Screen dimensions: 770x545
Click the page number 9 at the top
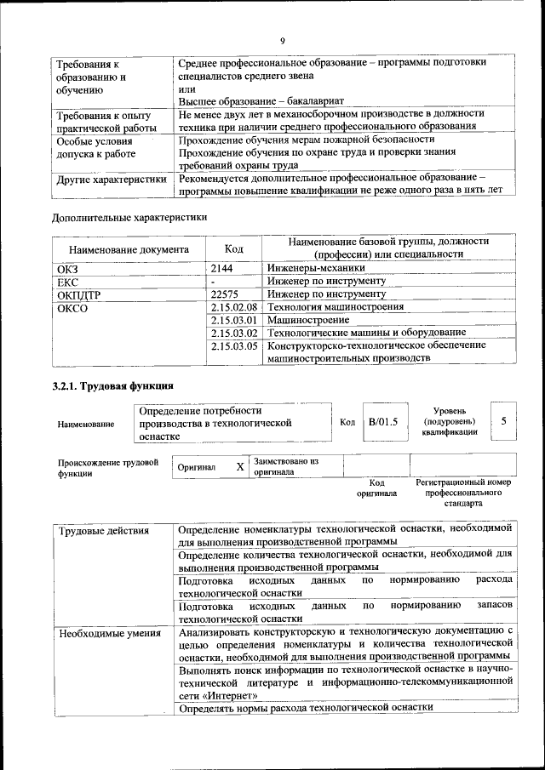(x=282, y=39)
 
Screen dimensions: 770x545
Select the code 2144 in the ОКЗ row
(x=221, y=267)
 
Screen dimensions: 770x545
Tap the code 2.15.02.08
(x=233, y=306)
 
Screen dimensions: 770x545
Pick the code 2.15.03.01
(x=233, y=319)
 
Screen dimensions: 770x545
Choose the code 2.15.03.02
(x=233, y=332)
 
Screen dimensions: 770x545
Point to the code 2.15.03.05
(x=233, y=345)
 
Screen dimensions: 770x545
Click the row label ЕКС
(x=67, y=281)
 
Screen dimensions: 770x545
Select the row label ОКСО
(x=72, y=307)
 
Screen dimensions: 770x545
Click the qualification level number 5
(x=504, y=421)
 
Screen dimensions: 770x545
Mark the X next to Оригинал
(x=240, y=467)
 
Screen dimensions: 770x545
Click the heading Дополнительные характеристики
(x=129, y=217)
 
